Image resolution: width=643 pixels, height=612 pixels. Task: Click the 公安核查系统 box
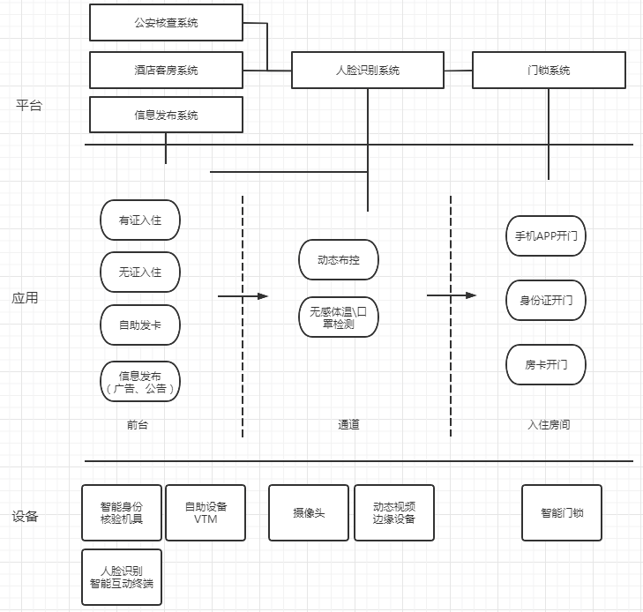[166, 23]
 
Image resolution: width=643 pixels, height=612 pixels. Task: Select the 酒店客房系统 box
[166, 70]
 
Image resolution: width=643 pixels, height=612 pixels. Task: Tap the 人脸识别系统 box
[368, 70]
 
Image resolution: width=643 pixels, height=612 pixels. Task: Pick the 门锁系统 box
[549, 70]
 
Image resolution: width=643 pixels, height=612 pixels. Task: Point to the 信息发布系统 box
[166, 115]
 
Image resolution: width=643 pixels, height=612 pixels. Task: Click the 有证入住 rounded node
[140, 220]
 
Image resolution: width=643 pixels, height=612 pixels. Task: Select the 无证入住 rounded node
[140, 272]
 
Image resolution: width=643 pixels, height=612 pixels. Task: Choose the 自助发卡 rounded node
[140, 325]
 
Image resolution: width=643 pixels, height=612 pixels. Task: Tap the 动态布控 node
[339, 260]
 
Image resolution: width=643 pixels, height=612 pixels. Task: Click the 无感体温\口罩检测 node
[339, 317]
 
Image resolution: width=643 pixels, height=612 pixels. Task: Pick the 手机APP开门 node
[546, 236]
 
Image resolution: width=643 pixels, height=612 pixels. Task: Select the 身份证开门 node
[546, 301]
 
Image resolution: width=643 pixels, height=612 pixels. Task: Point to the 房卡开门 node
[546, 364]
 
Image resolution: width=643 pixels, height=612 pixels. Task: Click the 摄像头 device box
[309, 512]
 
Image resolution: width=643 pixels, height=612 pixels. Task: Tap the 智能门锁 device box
[562, 512]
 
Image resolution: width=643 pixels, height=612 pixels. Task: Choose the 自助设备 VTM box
[206, 512]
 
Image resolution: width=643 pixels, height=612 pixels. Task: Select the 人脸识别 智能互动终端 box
[122, 577]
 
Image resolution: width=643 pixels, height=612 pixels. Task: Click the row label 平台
[29, 106]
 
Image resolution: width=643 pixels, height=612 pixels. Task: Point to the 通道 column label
[348, 425]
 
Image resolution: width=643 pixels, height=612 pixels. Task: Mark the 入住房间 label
[549, 425]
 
